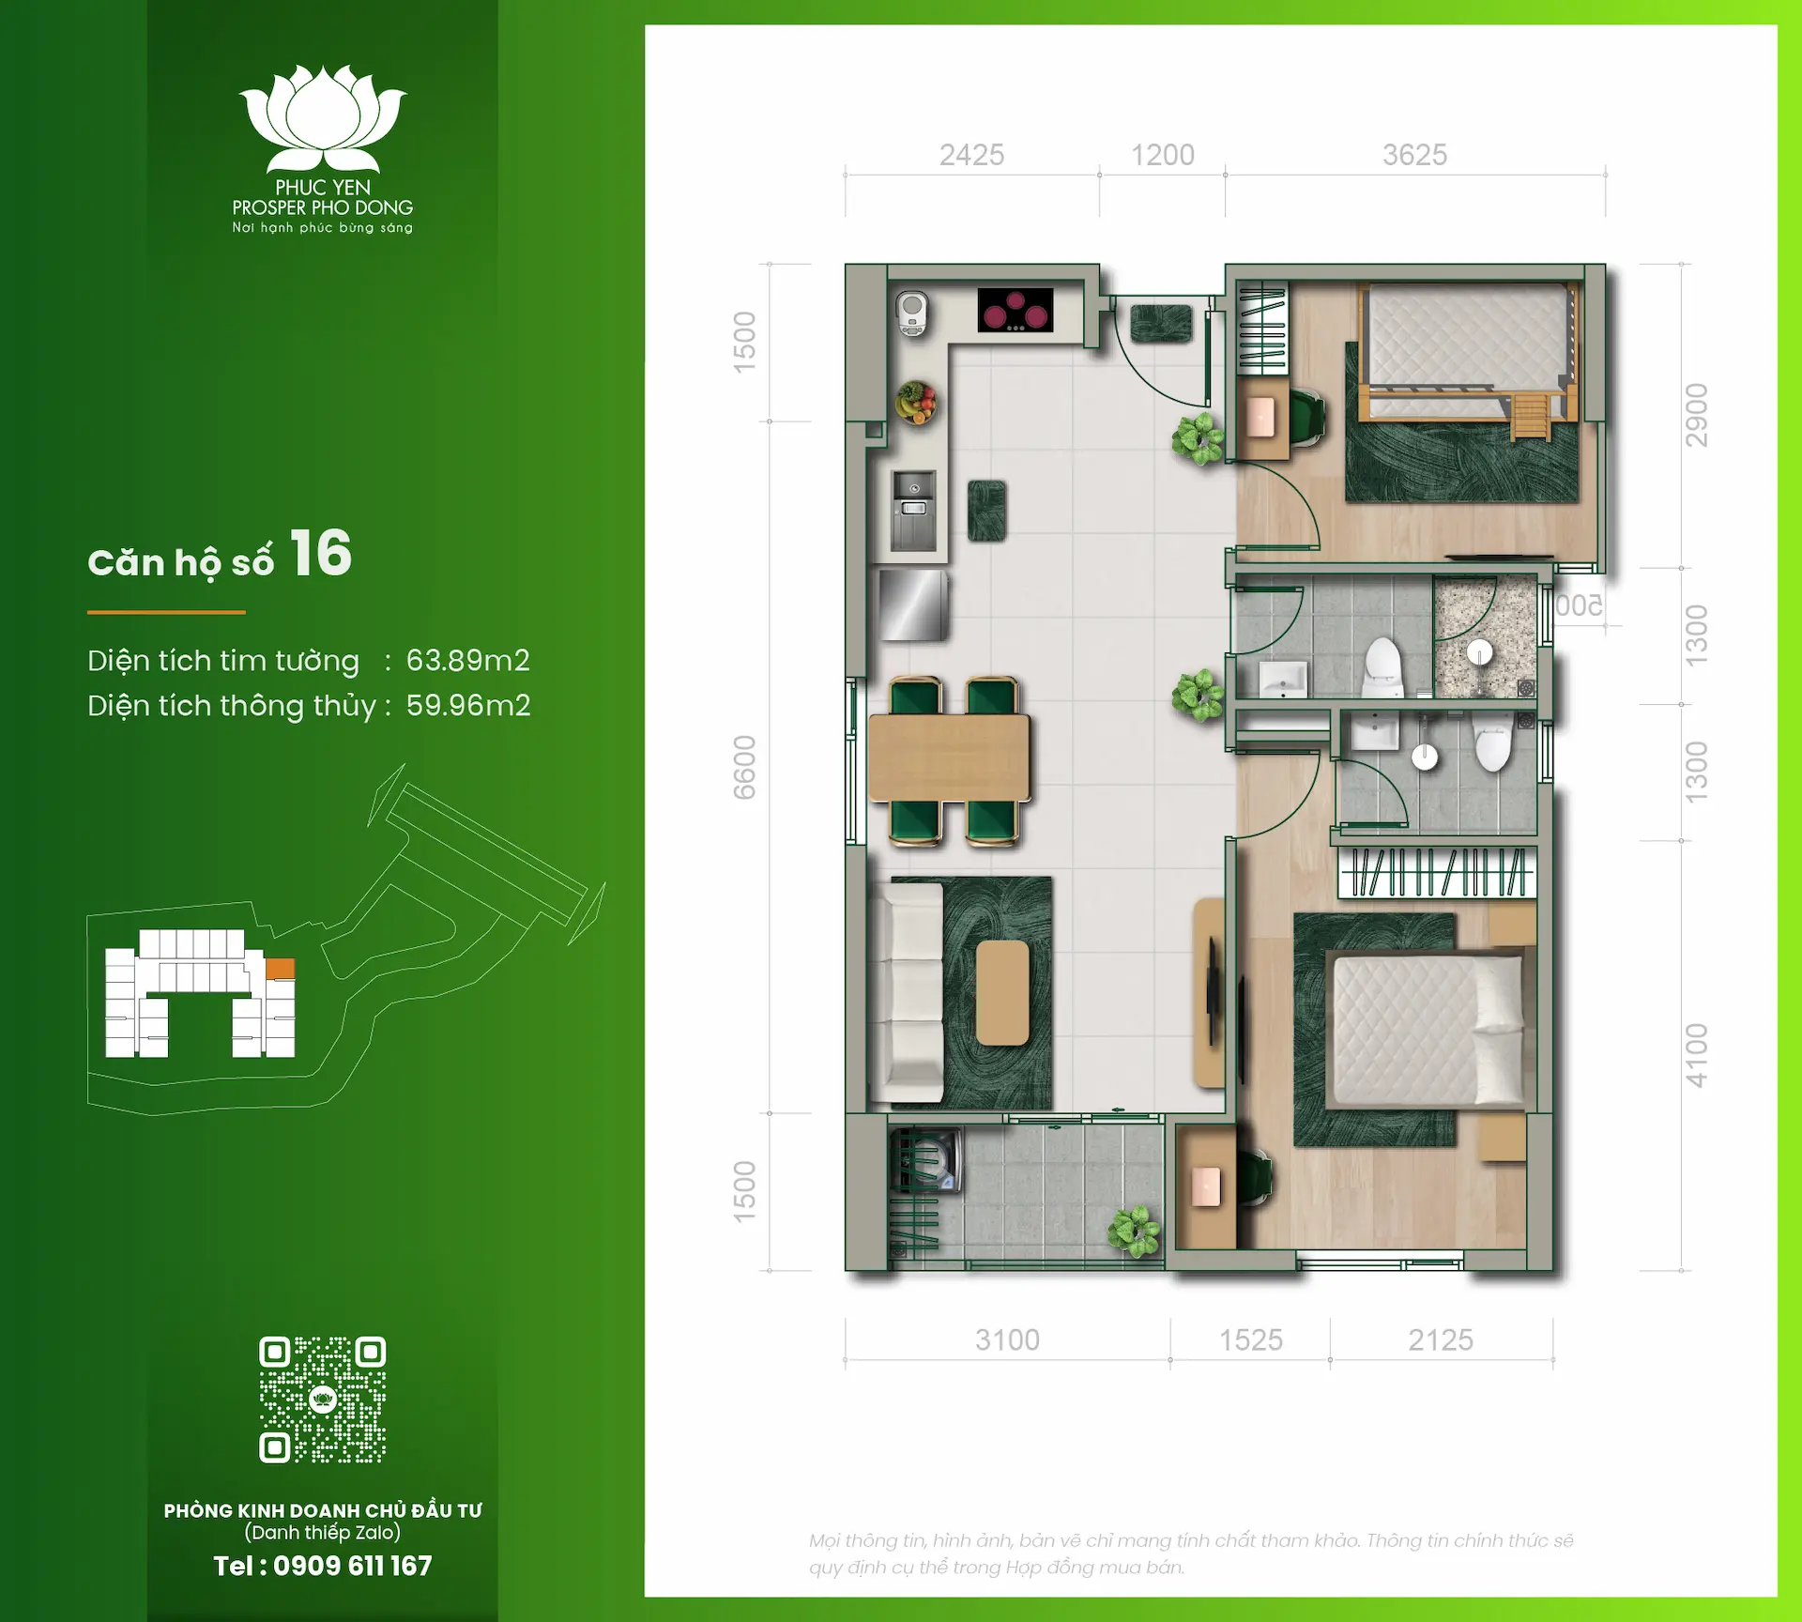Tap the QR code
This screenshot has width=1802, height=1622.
click(322, 1400)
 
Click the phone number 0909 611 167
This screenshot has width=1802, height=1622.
click(352, 1566)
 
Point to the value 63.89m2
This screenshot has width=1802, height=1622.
click(467, 661)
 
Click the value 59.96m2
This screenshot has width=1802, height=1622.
click(467, 706)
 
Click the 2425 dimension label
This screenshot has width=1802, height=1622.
click(971, 155)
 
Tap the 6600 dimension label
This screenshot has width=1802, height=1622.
click(744, 767)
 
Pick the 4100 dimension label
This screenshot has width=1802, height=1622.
click(1696, 1055)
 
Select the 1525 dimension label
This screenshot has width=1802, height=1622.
click(1250, 1340)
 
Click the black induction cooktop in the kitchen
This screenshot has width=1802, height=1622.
click(1015, 310)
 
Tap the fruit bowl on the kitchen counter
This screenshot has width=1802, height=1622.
click(915, 403)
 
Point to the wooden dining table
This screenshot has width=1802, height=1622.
click(949, 757)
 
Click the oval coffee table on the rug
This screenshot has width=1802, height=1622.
click(1001, 992)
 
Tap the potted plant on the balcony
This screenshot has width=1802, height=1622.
click(1134, 1231)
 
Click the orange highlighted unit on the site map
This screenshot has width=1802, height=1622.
click(280, 969)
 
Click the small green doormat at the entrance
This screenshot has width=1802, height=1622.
click(1161, 324)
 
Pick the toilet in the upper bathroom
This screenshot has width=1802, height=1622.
click(1382, 666)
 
